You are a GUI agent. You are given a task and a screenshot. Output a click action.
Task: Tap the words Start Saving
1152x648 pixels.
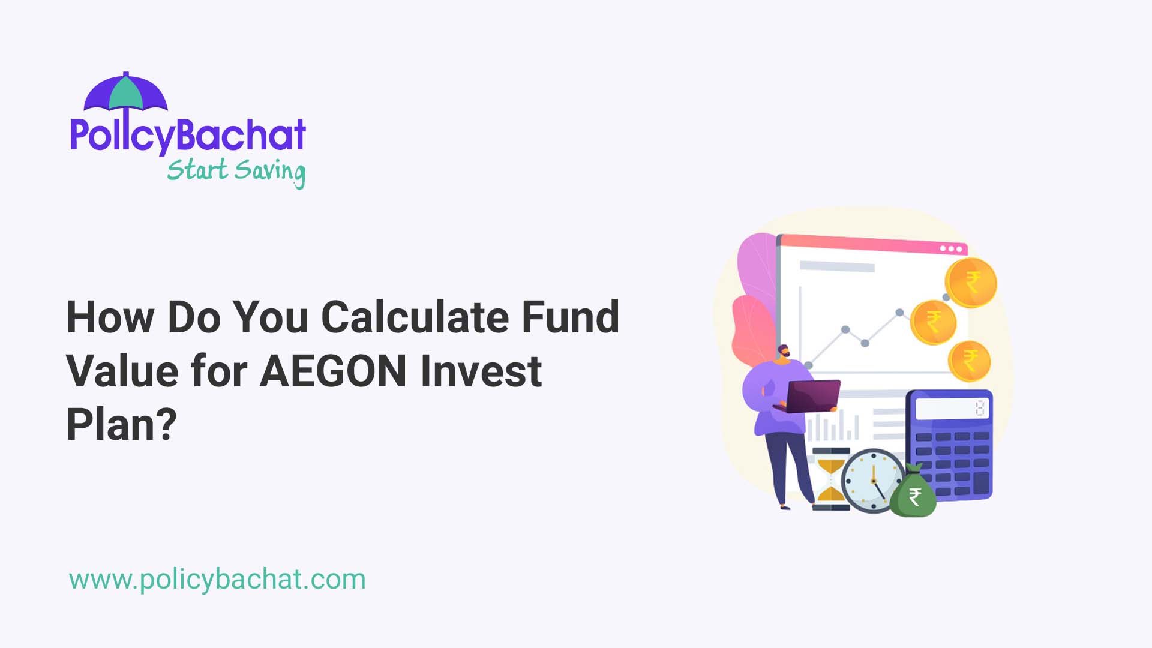236,171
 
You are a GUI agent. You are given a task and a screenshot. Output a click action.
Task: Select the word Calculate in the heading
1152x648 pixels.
415,317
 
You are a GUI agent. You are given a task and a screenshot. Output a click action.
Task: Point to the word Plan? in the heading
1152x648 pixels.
121,425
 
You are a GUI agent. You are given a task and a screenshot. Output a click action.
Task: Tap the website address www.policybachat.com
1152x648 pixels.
217,580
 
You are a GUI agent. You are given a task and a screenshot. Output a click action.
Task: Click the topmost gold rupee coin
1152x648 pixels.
970,283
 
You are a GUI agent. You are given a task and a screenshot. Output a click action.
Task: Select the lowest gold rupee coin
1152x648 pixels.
969,361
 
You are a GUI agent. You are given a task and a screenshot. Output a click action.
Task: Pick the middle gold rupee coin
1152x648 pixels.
933,322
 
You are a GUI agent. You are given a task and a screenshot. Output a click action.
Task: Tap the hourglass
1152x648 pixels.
831,479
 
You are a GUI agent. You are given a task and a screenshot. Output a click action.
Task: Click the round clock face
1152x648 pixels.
872,481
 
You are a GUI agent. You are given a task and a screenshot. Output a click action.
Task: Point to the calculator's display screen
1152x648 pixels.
952,409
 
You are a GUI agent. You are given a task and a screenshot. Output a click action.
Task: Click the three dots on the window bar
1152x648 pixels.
951,248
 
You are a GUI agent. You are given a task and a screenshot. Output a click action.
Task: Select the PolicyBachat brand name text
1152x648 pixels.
188,135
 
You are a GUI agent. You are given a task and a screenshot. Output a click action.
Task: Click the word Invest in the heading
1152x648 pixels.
481,371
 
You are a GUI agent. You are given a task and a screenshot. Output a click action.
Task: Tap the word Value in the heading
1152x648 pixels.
122,371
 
